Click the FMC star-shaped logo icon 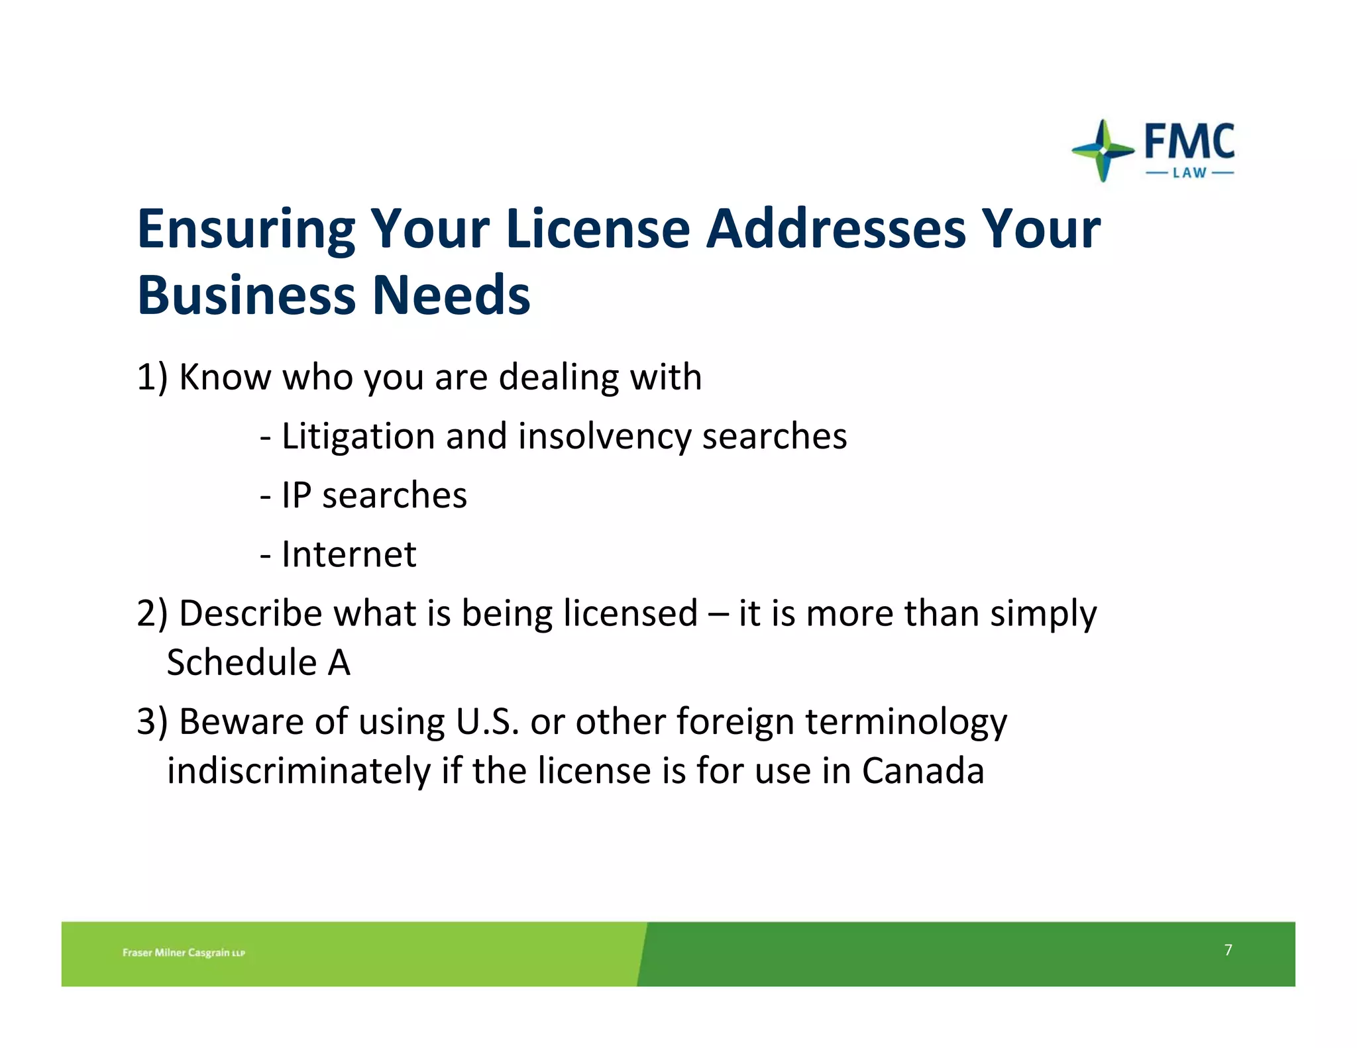tap(1102, 150)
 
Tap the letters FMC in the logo tap(1189, 141)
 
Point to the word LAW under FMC tap(1189, 174)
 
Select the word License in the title tap(598, 230)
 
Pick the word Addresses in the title tap(836, 230)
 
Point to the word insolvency tap(604, 437)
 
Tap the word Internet tap(349, 554)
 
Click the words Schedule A tap(258, 662)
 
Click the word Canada tap(923, 771)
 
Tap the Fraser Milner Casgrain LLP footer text tap(184, 953)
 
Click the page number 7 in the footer tap(1228, 950)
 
